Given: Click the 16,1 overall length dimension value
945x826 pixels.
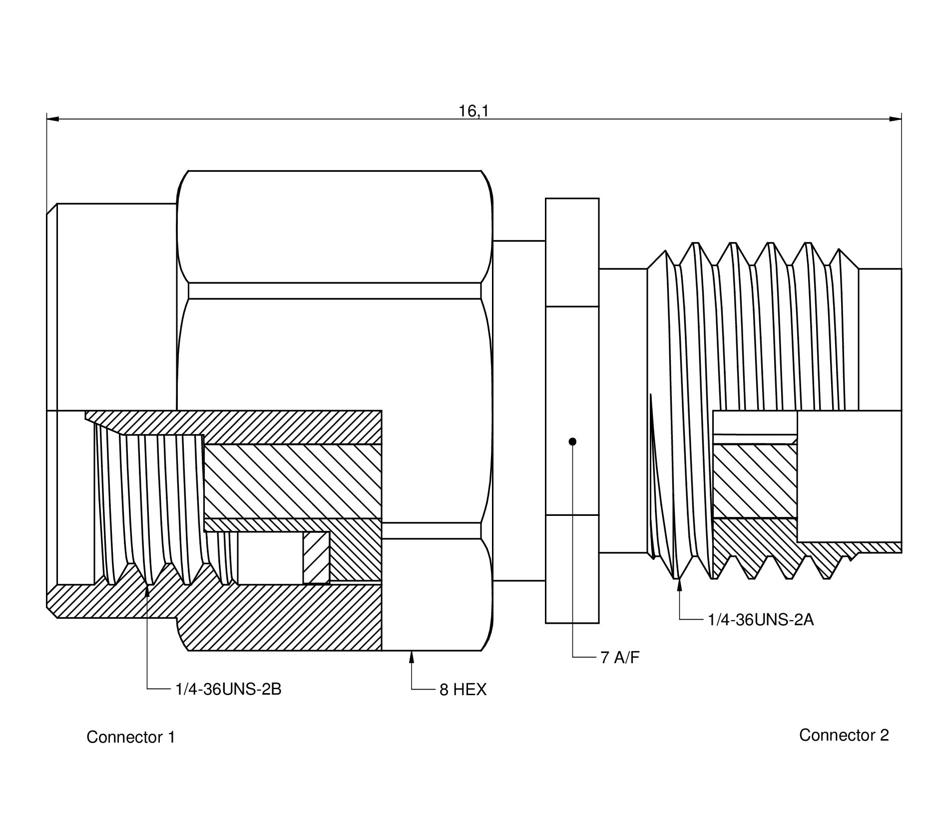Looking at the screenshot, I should (x=473, y=111).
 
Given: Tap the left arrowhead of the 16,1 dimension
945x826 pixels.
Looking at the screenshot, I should (x=52, y=119).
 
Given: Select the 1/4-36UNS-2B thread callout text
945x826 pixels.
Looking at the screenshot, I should (x=228, y=689).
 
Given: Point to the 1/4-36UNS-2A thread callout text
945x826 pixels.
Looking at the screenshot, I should (x=761, y=620).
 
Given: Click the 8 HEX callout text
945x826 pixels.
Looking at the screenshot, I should (x=463, y=690).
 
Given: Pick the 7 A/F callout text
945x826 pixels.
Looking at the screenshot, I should (x=619, y=658).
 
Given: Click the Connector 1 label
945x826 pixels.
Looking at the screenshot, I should (x=130, y=737).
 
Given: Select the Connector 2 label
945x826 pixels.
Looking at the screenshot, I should (x=844, y=735).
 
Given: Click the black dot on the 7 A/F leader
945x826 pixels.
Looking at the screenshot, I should (x=573, y=441).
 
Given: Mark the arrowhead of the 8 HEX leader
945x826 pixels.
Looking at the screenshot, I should (x=412, y=656).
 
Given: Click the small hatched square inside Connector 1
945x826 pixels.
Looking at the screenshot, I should (x=316, y=557).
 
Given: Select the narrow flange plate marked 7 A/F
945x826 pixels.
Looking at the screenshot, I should (x=572, y=411).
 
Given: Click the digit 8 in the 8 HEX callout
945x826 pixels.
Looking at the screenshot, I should (x=444, y=690).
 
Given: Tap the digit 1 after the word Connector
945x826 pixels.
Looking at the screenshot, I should (x=171, y=737).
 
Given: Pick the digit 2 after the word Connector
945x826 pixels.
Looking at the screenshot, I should (x=884, y=735).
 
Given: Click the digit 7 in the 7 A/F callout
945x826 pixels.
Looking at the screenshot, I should (x=604, y=658).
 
